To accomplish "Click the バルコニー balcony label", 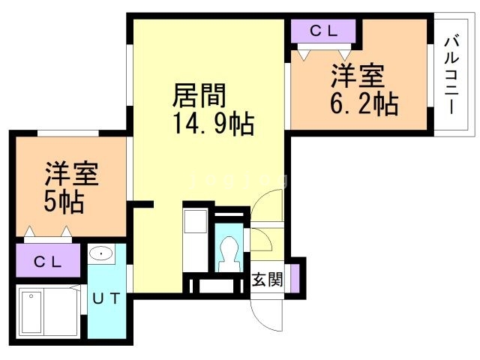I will coord(451,74).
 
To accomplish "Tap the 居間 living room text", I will coord(199,96).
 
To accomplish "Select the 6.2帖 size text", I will coord(364,103).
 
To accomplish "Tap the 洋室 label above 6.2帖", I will coord(358,76).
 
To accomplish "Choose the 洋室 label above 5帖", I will coord(70,175).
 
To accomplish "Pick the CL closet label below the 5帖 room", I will coord(48,262).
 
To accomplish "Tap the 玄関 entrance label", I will coord(267,280).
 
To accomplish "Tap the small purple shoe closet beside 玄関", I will coord(295,276).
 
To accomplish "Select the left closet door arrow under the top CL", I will coord(303,54).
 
